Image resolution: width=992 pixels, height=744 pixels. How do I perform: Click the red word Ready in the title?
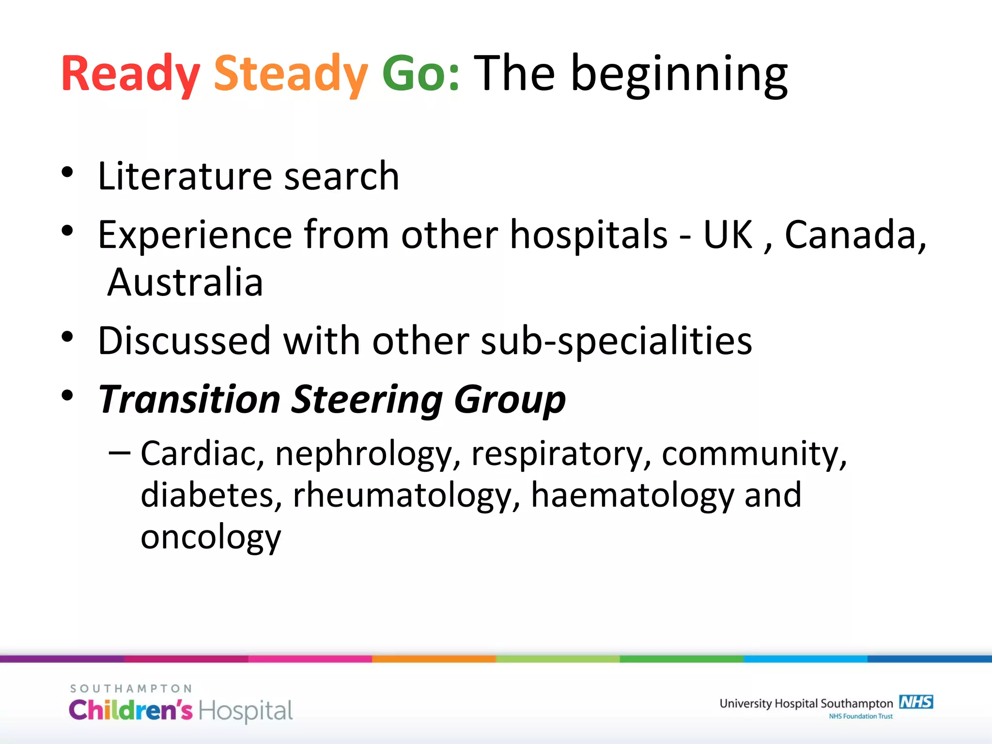click(130, 74)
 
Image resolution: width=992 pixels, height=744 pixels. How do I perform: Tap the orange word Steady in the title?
click(291, 74)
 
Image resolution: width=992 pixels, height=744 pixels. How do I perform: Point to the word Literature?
click(184, 176)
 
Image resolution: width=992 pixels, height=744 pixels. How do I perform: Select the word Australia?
click(185, 282)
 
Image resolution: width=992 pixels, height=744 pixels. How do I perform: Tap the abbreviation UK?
click(728, 235)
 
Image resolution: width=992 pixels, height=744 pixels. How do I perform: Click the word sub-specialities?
click(616, 341)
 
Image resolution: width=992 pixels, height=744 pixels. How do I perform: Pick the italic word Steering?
click(367, 400)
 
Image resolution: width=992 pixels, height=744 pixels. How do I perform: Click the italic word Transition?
click(189, 400)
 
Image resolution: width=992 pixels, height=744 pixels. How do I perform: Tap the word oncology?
click(211, 538)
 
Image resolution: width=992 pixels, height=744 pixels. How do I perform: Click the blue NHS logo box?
click(916, 702)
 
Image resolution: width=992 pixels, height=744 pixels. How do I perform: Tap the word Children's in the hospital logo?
click(131, 711)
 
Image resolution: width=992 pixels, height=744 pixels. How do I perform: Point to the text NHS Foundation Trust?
click(860, 716)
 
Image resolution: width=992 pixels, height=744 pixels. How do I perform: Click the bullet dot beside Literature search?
click(67, 172)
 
